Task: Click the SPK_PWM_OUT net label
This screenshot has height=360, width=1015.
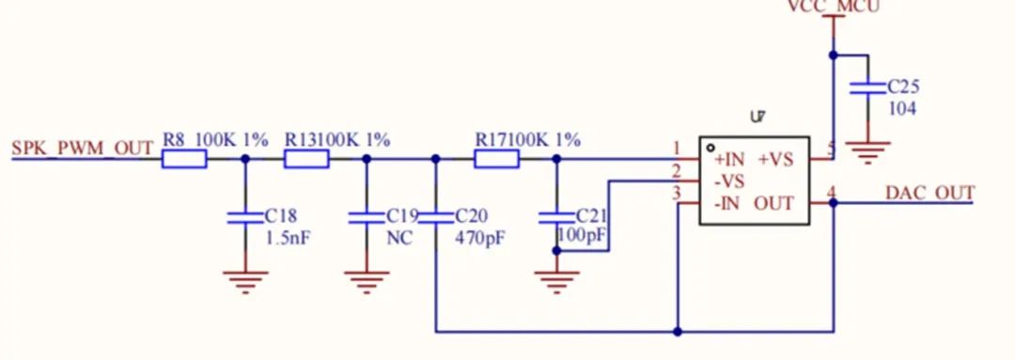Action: click(x=82, y=148)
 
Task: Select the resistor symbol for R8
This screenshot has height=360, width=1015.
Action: click(x=183, y=160)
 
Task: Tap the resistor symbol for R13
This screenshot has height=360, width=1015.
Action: click(x=305, y=160)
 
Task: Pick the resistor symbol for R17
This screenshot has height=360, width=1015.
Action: click(x=495, y=160)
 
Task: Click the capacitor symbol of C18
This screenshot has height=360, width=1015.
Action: click(x=245, y=217)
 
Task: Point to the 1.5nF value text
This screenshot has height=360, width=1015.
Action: click(x=288, y=238)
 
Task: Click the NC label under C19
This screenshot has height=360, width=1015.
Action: click(x=399, y=238)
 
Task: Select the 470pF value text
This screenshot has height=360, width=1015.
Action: click(x=479, y=238)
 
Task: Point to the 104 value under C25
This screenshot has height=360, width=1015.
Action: click(x=903, y=108)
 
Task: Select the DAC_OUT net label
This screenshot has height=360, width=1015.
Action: click(x=929, y=193)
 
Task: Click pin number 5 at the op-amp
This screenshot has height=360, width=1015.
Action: click(x=830, y=149)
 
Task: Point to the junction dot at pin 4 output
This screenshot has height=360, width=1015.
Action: click(x=834, y=202)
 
